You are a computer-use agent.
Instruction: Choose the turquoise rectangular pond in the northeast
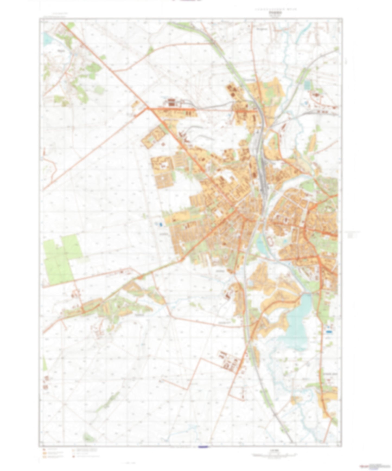click(x=307, y=85)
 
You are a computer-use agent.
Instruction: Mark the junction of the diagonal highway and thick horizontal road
click(x=148, y=108)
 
